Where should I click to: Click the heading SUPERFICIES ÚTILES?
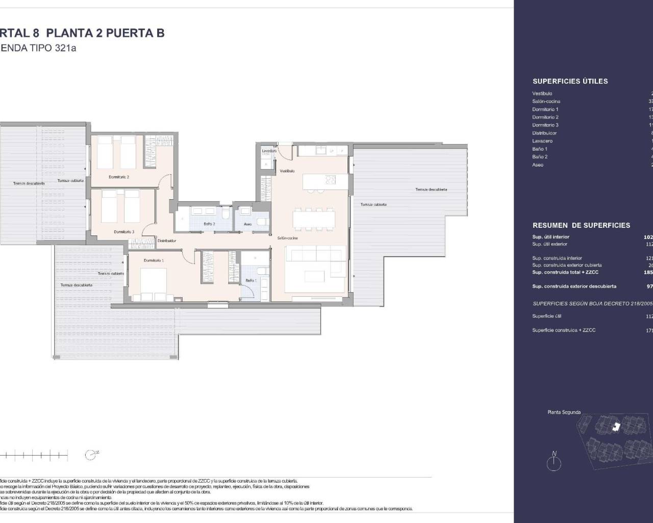(570, 81)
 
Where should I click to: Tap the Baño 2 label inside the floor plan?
(209, 224)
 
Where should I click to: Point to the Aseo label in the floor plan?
(248, 224)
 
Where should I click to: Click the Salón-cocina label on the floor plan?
(287, 238)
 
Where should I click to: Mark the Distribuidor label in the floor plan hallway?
(167, 241)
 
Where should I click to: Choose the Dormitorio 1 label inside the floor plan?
(154, 260)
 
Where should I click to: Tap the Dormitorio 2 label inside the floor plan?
(119, 177)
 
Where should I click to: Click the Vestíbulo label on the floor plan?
(287, 171)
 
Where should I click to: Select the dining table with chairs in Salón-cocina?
(314, 220)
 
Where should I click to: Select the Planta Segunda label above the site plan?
(564, 412)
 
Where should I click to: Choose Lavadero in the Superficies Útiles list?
(542, 141)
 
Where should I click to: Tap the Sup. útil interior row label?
(550, 237)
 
